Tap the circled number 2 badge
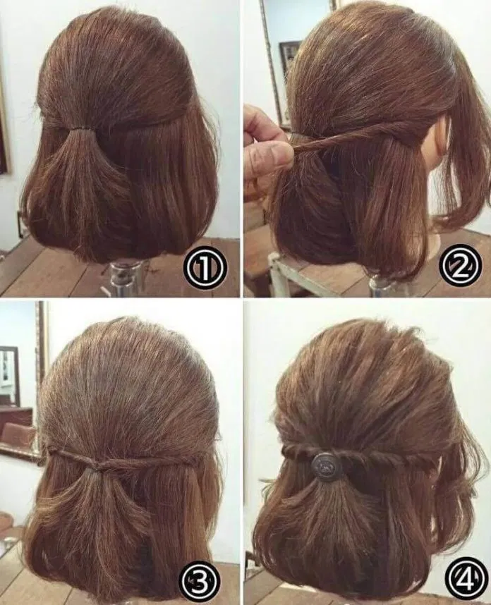(x=460, y=266)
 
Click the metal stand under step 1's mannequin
(x=123, y=276)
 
